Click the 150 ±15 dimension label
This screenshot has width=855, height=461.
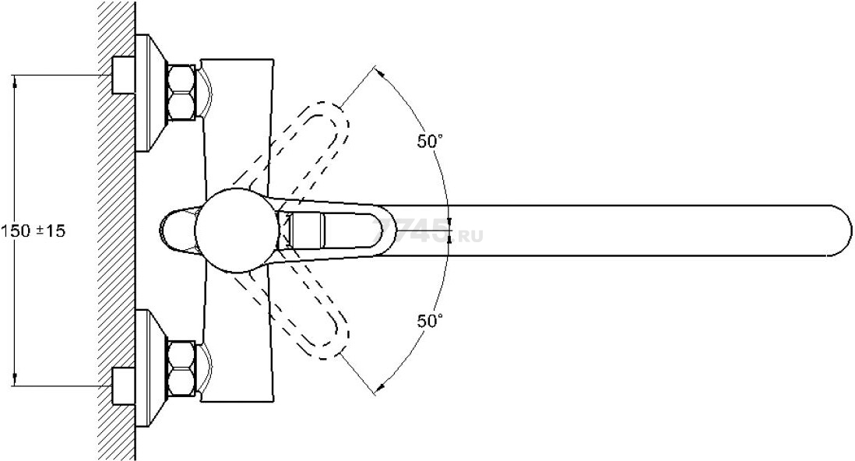(33, 230)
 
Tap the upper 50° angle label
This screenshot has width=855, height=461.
(431, 142)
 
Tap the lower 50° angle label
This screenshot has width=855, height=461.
(431, 322)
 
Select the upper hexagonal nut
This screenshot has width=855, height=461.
(182, 92)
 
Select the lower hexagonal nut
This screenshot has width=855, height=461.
(182, 368)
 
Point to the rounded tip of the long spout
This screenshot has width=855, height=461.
(842, 230)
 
